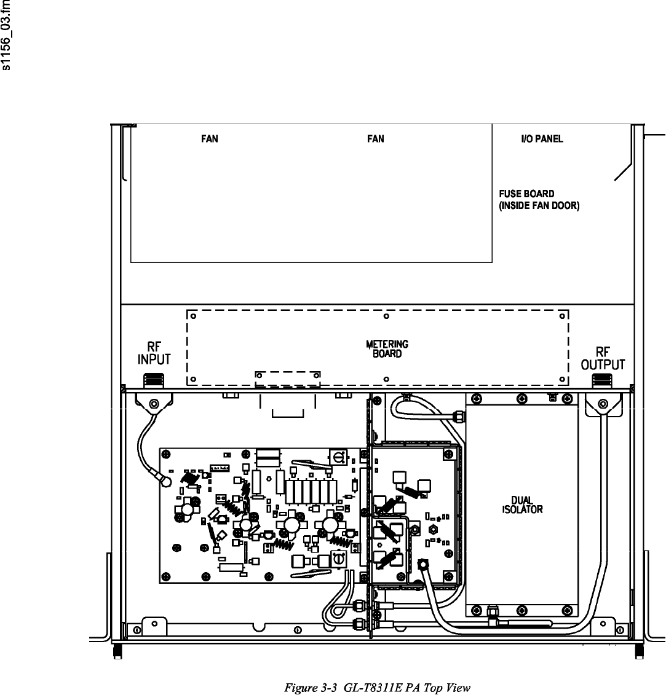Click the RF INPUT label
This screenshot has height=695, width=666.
click(154, 353)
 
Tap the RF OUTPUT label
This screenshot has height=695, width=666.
click(603, 359)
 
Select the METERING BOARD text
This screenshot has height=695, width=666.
click(387, 349)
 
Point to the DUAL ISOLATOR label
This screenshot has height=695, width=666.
click(522, 505)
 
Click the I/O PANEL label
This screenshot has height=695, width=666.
click(542, 139)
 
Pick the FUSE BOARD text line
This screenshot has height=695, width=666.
click(526, 194)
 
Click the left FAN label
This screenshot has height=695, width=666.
click(210, 139)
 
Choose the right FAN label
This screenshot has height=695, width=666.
click(375, 139)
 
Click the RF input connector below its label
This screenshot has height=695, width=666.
click(154, 380)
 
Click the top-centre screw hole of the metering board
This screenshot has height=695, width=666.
click(386, 317)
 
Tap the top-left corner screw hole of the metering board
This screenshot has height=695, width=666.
click(193, 317)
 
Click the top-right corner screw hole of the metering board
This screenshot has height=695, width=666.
click(561, 317)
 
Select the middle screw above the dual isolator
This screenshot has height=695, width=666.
click(521, 399)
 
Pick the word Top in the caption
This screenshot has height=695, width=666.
click(440, 687)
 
